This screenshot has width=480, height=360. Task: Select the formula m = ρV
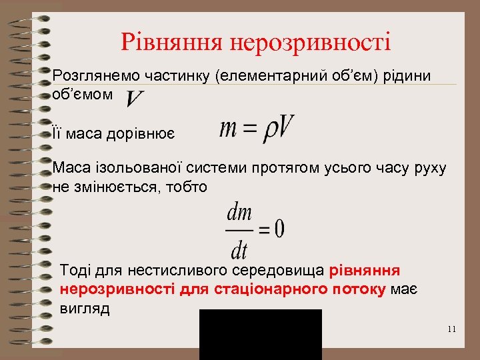click(x=257, y=127)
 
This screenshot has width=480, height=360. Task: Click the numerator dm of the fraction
click(x=239, y=213)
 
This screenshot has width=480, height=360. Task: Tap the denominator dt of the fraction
click(x=239, y=249)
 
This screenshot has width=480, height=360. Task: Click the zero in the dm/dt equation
click(x=278, y=230)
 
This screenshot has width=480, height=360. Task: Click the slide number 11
click(x=452, y=329)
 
